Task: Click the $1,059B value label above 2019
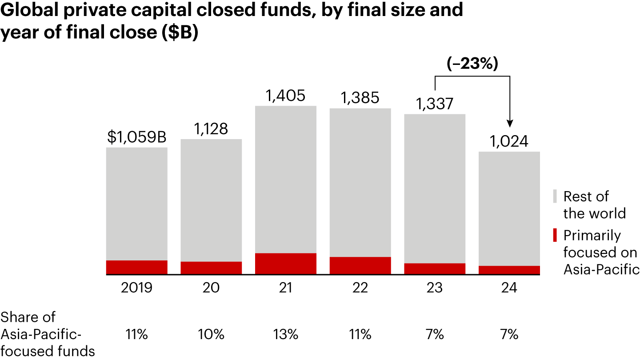pos(137,137)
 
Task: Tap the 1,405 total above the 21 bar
pos(286,96)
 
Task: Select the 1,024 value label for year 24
pos(509,141)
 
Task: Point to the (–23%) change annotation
pos(472,64)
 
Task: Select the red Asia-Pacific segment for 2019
pos(137,268)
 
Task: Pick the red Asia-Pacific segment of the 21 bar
pos(286,264)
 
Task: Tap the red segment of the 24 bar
pos(509,270)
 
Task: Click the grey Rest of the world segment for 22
pos(360,182)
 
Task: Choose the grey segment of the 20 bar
pos(211,200)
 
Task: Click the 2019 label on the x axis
pos(137,288)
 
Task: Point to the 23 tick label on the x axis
pos(435,288)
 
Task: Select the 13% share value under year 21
pos(286,334)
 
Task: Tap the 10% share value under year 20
pos(211,334)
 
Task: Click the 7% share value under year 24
pos(509,334)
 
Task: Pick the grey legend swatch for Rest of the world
pos(554,196)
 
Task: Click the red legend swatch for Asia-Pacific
pos(554,235)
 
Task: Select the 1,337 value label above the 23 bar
pos(435,104)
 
